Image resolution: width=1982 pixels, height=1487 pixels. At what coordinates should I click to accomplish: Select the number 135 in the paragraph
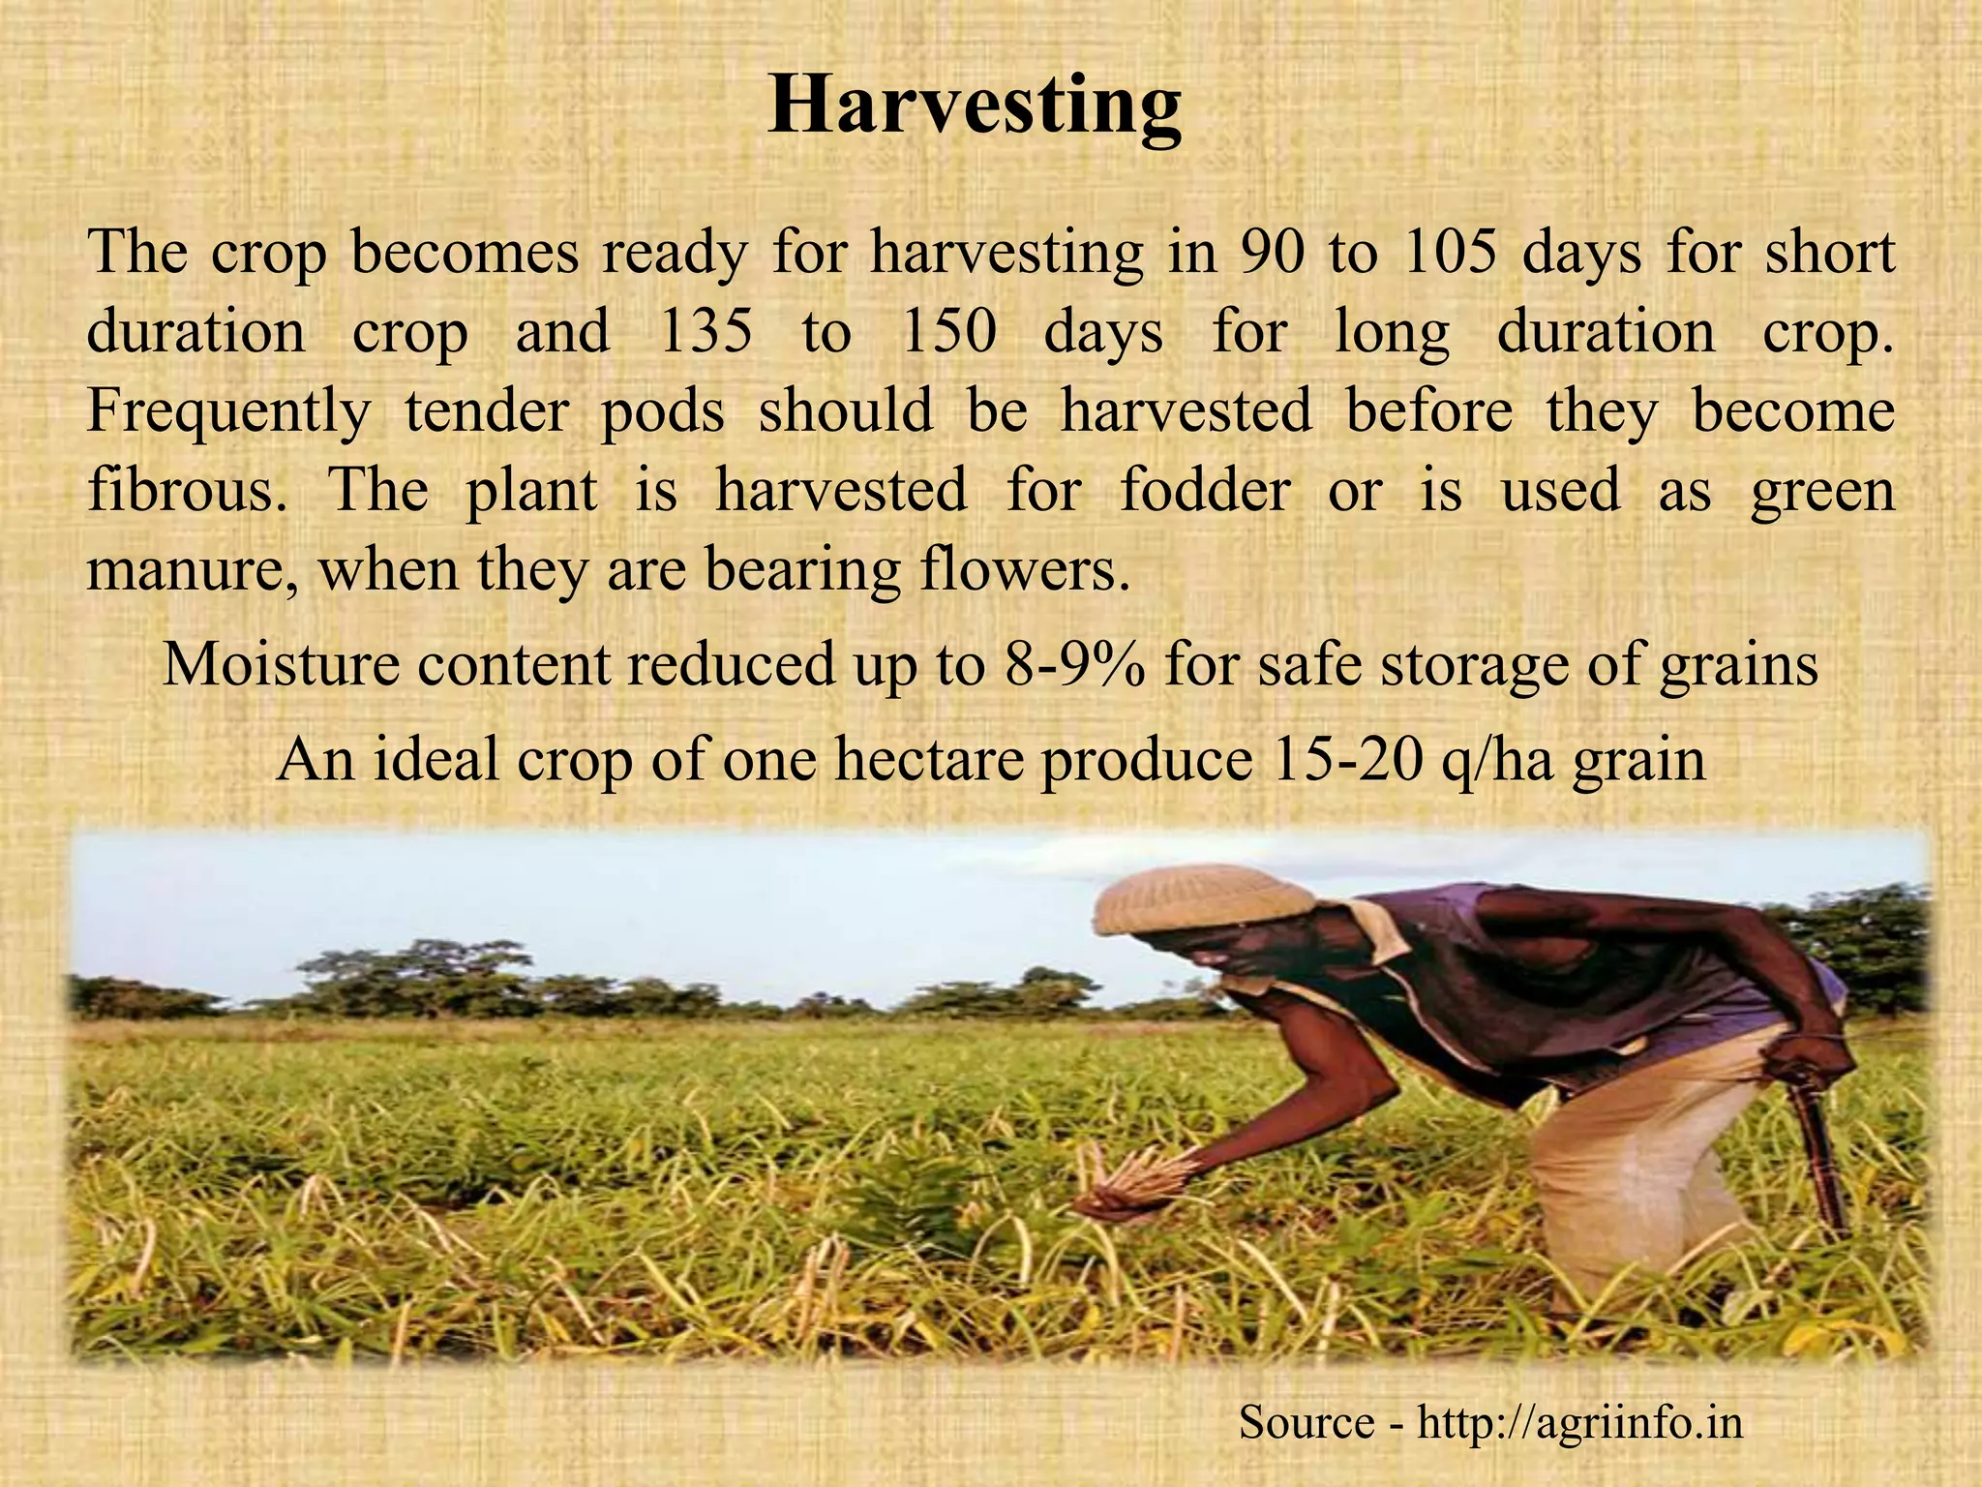point(705,332)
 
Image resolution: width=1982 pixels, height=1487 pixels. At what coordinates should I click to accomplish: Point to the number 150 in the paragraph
point(948,332)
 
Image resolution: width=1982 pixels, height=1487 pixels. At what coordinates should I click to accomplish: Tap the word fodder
point(1204,490)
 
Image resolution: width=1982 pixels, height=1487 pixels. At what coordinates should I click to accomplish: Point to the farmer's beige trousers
point(1645,1152)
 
